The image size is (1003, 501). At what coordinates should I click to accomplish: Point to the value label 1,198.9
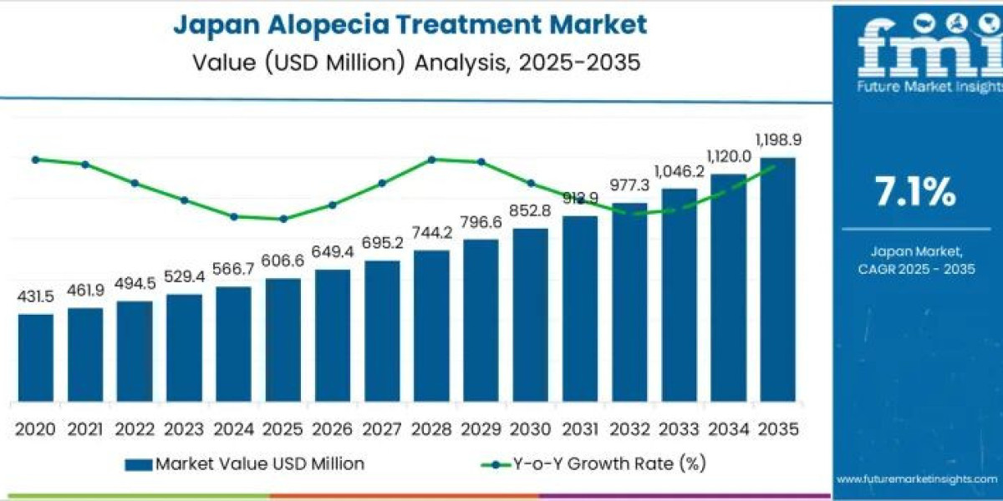pos(779,140)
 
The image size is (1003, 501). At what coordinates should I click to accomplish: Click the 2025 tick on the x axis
pos(283,429)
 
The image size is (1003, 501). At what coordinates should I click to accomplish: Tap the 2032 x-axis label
pos(629,429)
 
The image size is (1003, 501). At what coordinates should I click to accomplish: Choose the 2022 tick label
pos(135,429)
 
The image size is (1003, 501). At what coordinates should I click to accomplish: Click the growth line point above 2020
pos(35,159)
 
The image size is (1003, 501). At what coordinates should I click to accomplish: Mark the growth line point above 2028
pos(431,159)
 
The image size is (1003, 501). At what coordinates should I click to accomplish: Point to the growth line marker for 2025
pos(283,219)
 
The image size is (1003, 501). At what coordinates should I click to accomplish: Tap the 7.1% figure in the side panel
pos(915,193)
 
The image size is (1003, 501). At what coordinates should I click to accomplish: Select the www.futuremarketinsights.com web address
pos(917,479)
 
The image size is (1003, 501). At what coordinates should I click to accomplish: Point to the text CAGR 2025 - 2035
pos(916,269)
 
